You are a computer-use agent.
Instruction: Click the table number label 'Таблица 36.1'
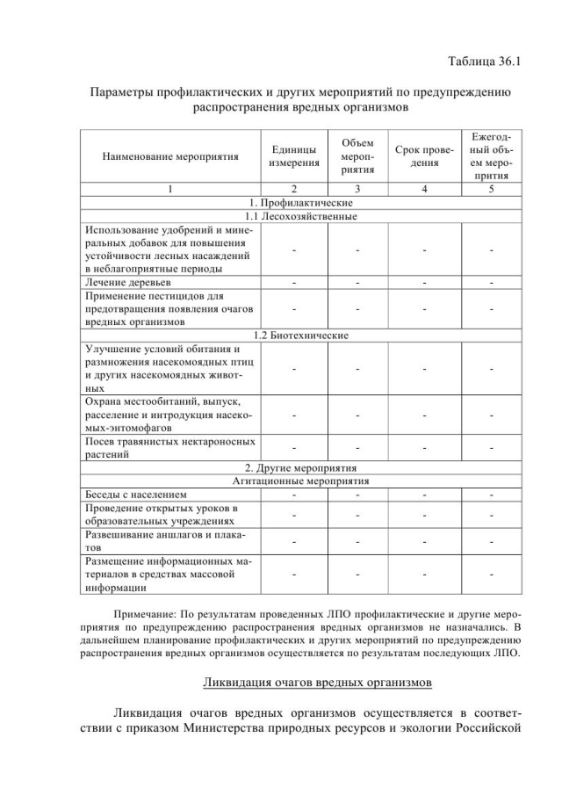pos(484,61)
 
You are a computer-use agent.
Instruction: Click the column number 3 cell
pos(357,189)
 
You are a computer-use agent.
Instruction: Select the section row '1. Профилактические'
pos(301,203)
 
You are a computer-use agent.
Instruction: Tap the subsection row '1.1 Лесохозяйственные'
pos(301,216)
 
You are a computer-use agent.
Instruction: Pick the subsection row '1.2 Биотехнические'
pos(301,336)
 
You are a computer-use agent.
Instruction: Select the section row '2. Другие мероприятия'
pos(301,467)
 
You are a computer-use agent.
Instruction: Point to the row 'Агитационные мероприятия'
pos(301,481)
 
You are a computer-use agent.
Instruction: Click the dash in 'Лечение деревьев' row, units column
pos(294,283)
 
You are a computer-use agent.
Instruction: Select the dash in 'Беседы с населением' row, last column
pos(492,494)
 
